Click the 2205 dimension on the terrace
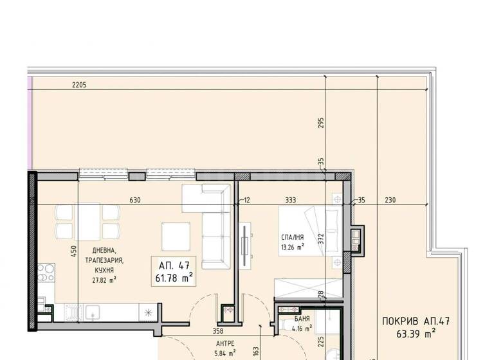[x=78, y=85]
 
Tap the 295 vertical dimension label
[x=321, y=123]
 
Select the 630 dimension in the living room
[x=135, y=200]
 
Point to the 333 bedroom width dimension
[x=291, y=200]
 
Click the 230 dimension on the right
[x=390, y=200]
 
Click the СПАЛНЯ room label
[x=291, y=237]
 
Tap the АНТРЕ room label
[x=224, y=344]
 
